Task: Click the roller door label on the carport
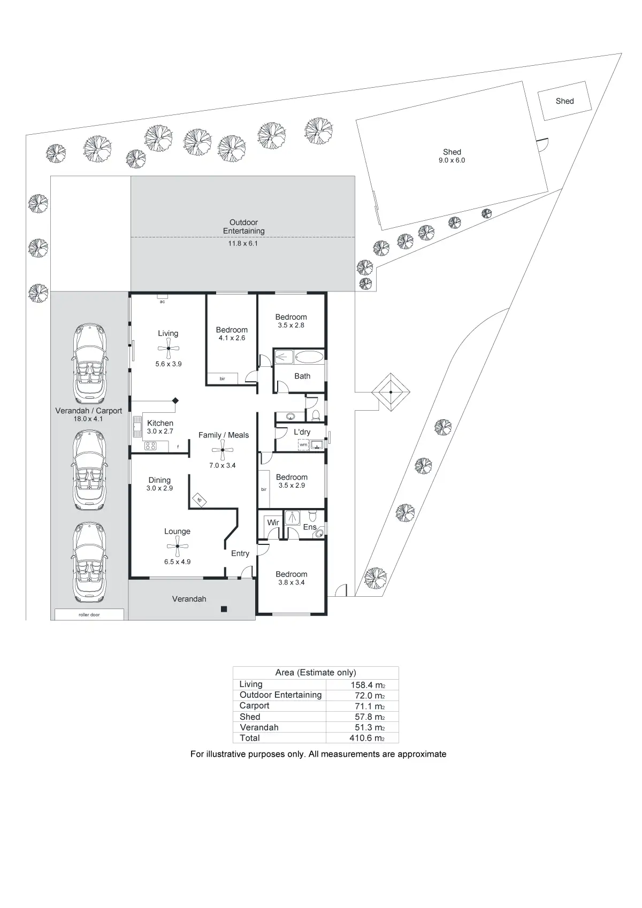[89, 615]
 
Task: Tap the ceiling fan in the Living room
[169, 349]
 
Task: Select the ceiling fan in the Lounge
[177, 547]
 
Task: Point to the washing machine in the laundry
[303, 444]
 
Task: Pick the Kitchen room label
[160, 423]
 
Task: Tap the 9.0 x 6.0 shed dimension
[452, 160]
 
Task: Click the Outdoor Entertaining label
[243, 226]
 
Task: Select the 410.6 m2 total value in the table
[363, 738]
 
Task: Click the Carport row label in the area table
[254, 705]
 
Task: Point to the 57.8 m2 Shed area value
[363, 717]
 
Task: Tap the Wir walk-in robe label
[273, 522]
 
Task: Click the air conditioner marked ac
[162, 297]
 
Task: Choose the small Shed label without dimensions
[564, 101]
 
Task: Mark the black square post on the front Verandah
[224, 609]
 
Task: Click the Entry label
[240, 553]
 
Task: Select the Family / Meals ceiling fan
[223, 451]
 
